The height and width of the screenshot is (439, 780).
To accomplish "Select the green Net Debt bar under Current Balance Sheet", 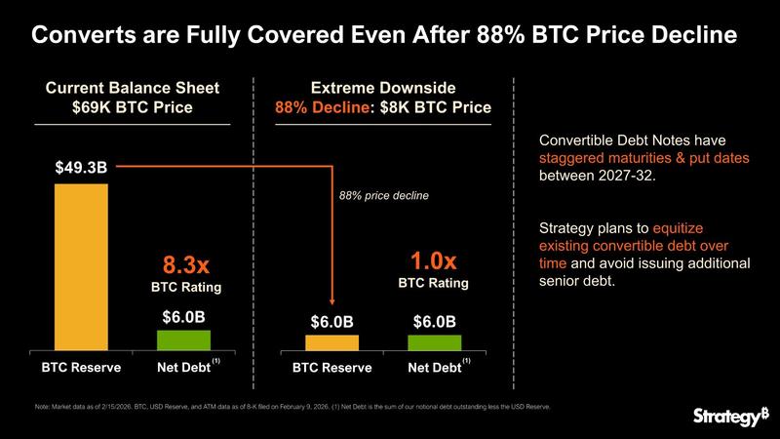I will click(183, 339).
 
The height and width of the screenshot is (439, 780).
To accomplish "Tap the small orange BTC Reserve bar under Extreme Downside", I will click(331, 341).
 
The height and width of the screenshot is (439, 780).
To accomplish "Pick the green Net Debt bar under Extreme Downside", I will click(435, 341).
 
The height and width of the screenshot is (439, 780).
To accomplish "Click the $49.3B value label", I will click(81, 168).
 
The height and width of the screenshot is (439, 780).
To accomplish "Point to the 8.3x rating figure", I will click(185, 265).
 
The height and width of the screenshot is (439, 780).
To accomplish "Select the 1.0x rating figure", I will click(434, 260).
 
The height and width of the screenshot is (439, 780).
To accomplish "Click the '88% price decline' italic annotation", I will click(384, 195).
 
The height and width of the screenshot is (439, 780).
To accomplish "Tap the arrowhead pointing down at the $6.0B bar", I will click(332, 302).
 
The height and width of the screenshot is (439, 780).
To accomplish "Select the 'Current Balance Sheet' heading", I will click(133, 88).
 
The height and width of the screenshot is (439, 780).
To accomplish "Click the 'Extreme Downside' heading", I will click(382, 88).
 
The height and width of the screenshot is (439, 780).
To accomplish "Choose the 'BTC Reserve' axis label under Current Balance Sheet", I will click(81, 368).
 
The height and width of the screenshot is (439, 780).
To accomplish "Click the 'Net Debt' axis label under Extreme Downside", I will click(435, 368).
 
